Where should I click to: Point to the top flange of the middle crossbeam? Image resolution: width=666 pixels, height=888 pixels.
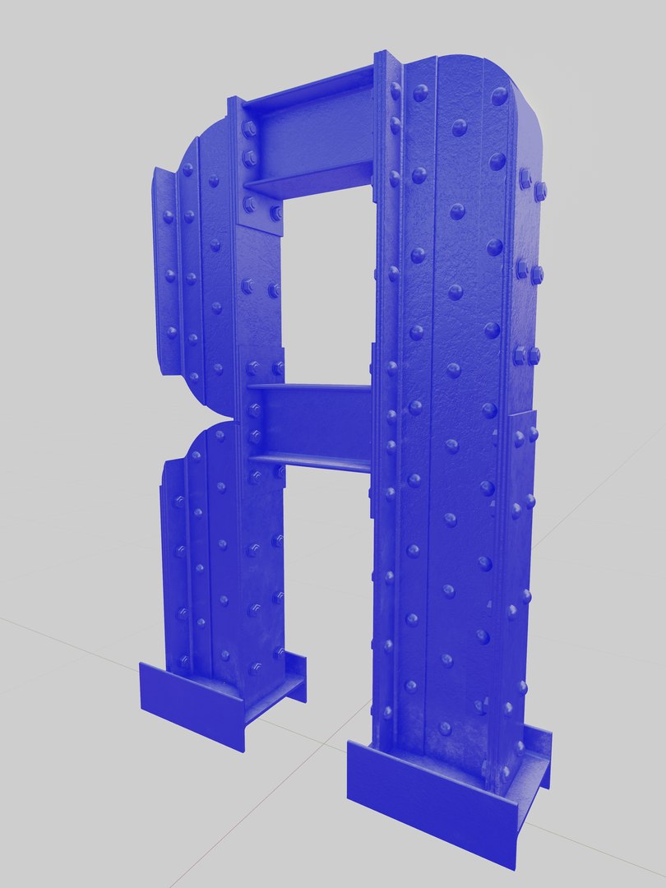(x=311, y=386)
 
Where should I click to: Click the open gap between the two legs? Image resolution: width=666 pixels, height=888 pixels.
(x=329, y=592)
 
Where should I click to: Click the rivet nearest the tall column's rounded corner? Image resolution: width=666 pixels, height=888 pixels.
(x=499, y=96)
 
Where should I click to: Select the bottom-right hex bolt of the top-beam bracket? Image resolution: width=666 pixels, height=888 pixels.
(x=275, y=214)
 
